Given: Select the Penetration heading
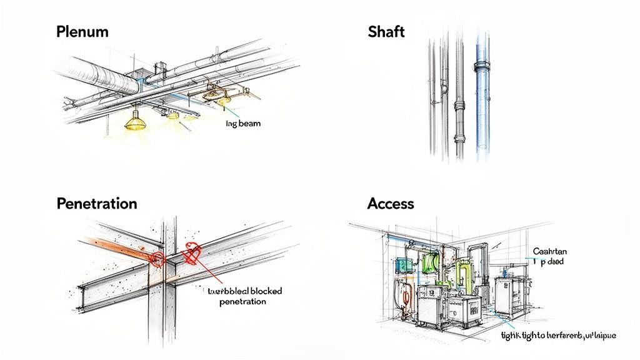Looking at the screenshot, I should tap(97, 204).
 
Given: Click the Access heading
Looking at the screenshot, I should tap(391, 204).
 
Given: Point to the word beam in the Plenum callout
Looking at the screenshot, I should tap(248, 124).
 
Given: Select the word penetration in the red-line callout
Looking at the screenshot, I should tap(243, 301).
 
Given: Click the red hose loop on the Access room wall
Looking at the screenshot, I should tap(407, 294).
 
